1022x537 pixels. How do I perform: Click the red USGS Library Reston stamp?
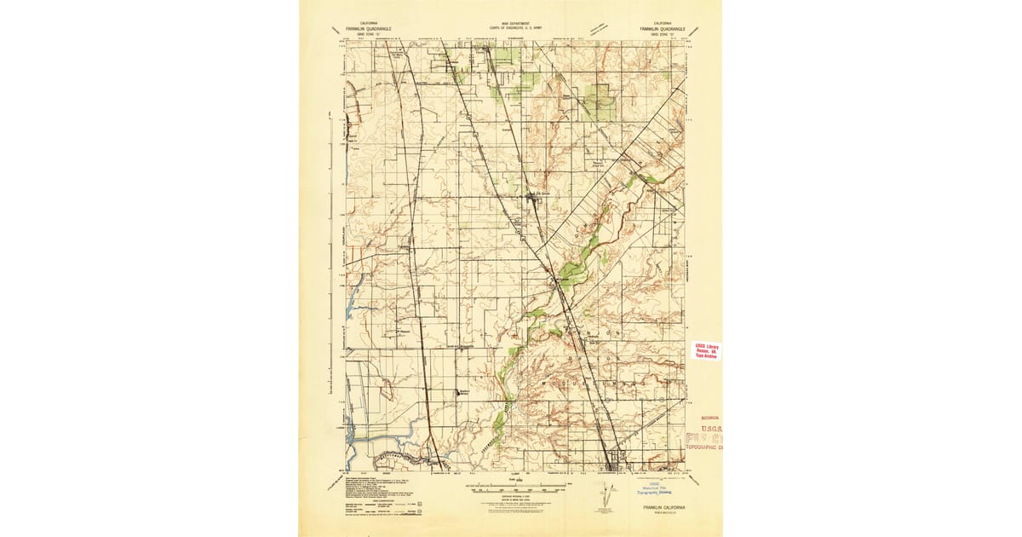pos(706,350)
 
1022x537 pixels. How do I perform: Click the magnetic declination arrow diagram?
pos(606,494)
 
